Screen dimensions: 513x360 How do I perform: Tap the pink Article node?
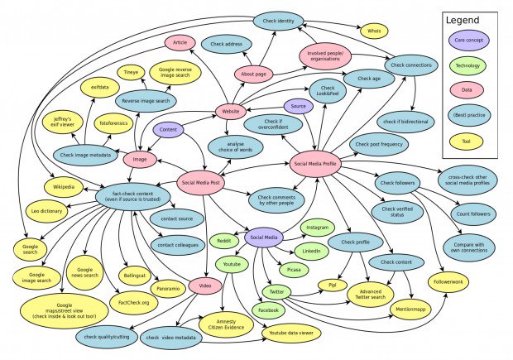tap(180, 41)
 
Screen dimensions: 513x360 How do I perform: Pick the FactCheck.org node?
tap(133, 302)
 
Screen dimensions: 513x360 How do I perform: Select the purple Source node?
tap(299, 106)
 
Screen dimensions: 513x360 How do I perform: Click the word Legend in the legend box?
tap(463, 18)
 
